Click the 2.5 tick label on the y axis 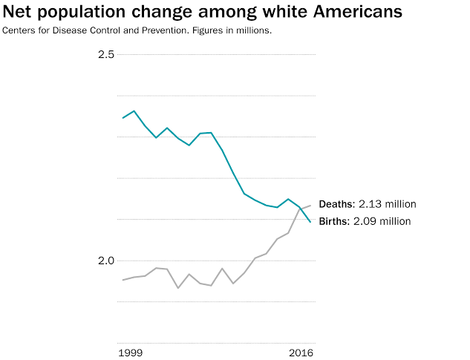tap(106, 54)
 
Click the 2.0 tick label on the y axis tap(106, 261)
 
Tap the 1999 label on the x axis tap(131, 353)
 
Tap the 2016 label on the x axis tap(301, 353)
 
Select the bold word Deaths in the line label tap(337, 204)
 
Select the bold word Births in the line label tap(334, 221)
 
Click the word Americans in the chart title tap(358, 12)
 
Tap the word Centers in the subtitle tap(19, 30)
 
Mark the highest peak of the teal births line tap(134, 111)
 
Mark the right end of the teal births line tap(310, 222)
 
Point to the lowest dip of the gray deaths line tap(178, 288)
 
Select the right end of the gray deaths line tap(310, 206)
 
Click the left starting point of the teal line tap(123, 118)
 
